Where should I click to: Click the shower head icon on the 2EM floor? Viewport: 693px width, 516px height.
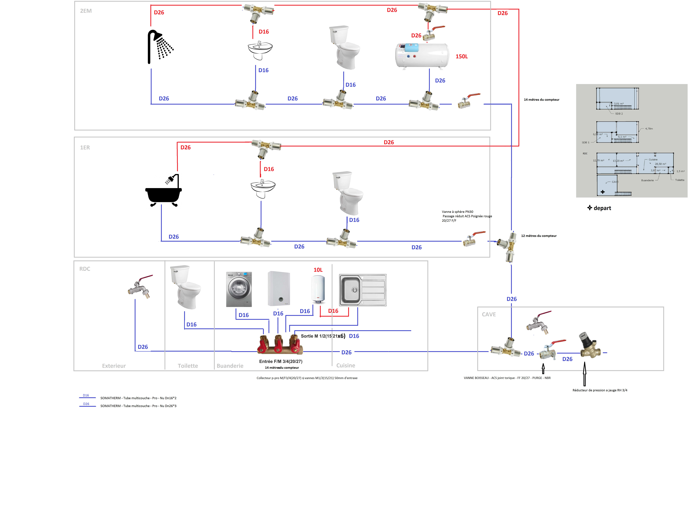tap(160, 47)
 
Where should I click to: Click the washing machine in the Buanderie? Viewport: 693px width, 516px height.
tap(239, 289)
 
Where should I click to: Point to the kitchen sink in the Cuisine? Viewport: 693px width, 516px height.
tap(363, 290)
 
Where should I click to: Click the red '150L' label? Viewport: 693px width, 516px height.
tap(461, 57)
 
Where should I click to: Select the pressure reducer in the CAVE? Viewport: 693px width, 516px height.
tap(588, 345)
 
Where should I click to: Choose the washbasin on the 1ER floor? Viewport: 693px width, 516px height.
tap(263, 188)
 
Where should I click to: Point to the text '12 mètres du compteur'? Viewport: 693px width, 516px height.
tap(539, 236)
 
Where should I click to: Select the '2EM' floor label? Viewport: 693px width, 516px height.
tap(86, 11)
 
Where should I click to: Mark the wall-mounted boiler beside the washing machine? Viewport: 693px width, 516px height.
tap(279, 288)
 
